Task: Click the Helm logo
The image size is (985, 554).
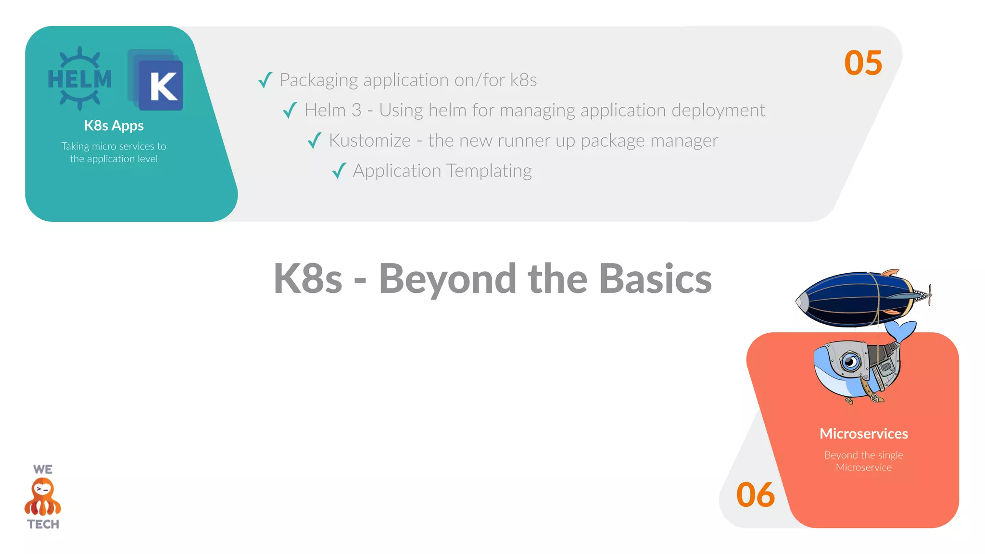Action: click(80, 78)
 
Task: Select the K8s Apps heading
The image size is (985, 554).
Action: click(114, 126)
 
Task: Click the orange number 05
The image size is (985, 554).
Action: click(863, 63)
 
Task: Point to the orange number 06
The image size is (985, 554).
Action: click(755, 495)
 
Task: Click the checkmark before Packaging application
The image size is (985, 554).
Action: click(265, 80)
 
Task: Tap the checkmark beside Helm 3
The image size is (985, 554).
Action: click(290, 110)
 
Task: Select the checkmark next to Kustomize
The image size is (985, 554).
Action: click(315, 140)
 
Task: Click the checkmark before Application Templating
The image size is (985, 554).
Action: click(339, 171)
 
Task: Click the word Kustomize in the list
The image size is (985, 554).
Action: click(370, 140)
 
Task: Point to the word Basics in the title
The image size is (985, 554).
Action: click(656, 279)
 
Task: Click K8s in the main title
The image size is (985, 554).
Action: click(308, 279)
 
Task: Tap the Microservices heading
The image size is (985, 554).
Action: click(863, 434)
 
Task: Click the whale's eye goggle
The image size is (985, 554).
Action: click(850, 361)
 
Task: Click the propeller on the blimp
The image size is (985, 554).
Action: click(930, 294)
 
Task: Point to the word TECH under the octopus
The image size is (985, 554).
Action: click(43, 524)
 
